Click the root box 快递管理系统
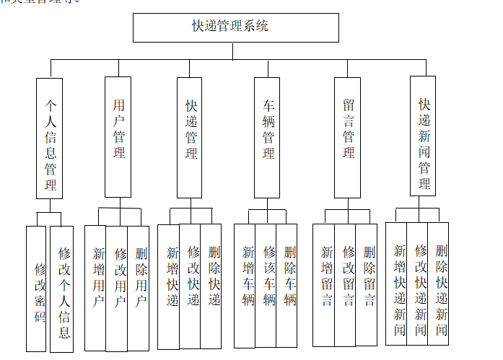pyautogui.click(x=235, y=27)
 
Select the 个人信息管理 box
pyautogui.click(x=50, y=138)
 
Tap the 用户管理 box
pyautogui.click(x=118, y=137)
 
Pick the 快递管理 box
pyautogui.click(x=191, y=137)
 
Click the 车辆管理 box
pyautogui.click(x=267, y=137)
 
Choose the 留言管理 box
pyautogui.click(x=348, y=137)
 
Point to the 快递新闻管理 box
pyautogui.click(x=424, y=136)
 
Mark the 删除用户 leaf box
pyautogui.click(x=139, y=287)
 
